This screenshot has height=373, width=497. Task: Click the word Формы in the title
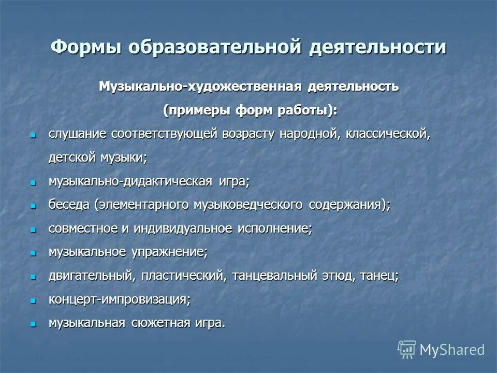[85, 47]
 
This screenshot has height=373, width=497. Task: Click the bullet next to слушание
[33, 135]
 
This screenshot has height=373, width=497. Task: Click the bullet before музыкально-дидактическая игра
[33, 182]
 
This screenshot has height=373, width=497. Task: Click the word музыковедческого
[248, 205]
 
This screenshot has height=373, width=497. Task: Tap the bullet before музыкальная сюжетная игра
[33, 324]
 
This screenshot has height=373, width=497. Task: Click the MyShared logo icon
[407, 350]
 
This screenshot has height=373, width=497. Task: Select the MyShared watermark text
[452, 350]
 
